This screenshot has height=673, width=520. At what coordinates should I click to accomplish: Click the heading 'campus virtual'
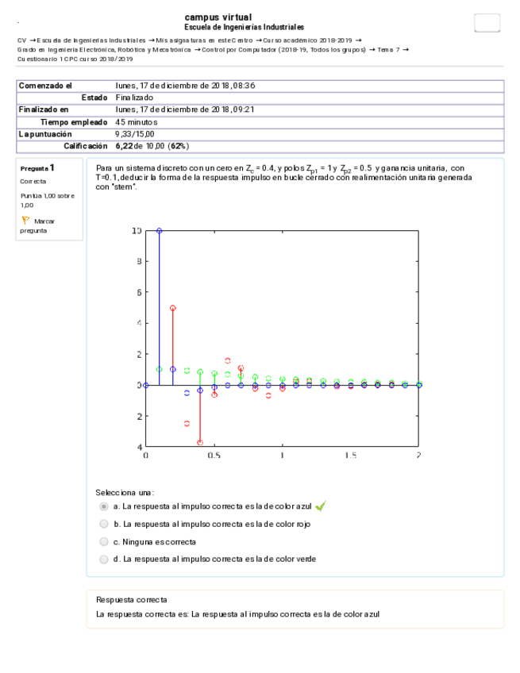coord(218,17)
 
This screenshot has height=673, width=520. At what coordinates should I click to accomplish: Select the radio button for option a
coord(103,506)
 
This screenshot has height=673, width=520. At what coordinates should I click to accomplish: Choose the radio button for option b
coord(103,524)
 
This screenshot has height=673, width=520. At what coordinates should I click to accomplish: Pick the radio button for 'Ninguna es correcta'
coord(103,541)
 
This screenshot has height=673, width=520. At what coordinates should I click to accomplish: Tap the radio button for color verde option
coord(103,559)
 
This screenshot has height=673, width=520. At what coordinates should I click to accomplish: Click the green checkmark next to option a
coord(321,506)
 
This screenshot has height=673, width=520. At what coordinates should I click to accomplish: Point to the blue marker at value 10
coord(159,231)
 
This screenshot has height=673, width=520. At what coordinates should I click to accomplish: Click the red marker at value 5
coord(173,308)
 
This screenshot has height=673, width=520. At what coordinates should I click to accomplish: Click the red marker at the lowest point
coord(200,442)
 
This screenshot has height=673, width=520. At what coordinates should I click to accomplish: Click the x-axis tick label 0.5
coord(214,456)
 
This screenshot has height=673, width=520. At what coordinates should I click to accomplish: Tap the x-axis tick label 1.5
coord(350,456)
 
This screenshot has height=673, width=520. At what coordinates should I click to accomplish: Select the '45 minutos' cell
coord(137,122)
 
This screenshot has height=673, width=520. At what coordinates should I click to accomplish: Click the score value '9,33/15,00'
coord(136,134)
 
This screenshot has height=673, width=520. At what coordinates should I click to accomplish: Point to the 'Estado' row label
coord(94,98)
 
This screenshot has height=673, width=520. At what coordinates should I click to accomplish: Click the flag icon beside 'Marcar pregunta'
coord(25,221)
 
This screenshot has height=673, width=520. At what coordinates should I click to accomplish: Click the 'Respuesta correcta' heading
coord(131,600)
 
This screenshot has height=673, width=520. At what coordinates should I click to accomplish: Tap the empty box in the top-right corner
coord(487,23)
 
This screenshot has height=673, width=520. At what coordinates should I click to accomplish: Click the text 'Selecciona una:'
coord(125,492)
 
